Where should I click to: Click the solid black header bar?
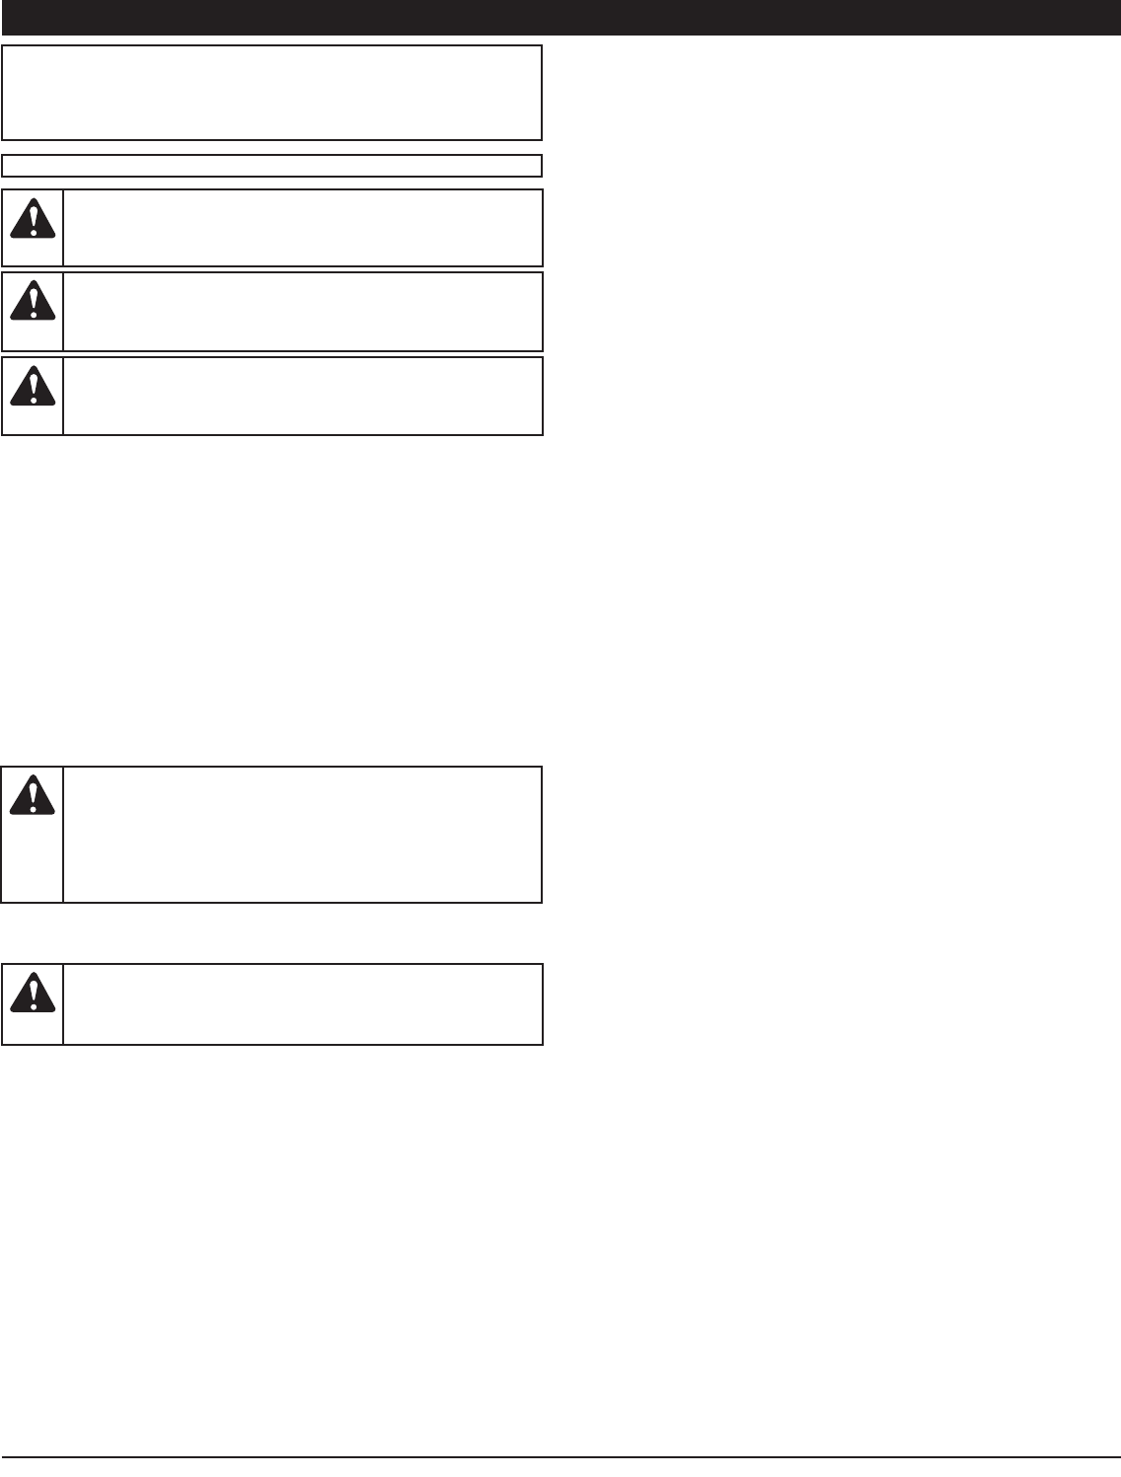tap(560, 17)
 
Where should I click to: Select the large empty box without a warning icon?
tap(272, 92)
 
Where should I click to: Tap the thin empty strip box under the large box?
tap(272, 165)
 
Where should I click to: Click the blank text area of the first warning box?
tap(302, 228)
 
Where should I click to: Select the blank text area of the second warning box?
tap(302, 311)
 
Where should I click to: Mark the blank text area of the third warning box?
tap(302, 396)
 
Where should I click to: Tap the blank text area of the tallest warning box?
tap(302, 834)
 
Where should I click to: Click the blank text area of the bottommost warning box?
tap(302, 1003)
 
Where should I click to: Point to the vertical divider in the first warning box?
tap(63, 228)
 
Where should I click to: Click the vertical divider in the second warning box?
tap(63, 311)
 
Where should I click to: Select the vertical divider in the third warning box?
tap(63, 396)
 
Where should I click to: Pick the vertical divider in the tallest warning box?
tap(63, 834)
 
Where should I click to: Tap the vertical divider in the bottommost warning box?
tap(63, 1003)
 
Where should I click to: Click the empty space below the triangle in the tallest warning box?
tap(33, 858)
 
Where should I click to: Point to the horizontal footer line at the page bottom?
tap(560, 1456)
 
